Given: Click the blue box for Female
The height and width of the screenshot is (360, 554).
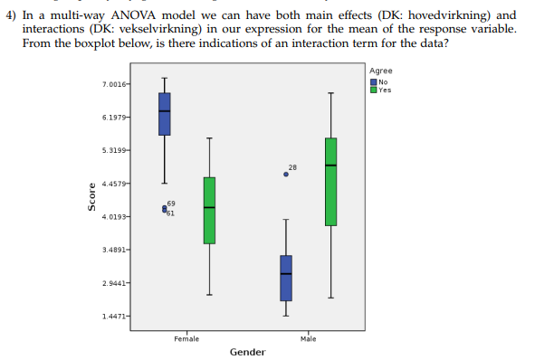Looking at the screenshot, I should pyautogui.click(x=164, y=113).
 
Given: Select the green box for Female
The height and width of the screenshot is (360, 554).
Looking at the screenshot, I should pyautogui.click(x=209, y=210).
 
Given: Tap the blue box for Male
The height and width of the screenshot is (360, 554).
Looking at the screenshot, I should pyautogui.click(x=286, y=278).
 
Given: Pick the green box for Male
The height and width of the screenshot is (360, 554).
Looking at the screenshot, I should pyautogui.click(x=330, y=181).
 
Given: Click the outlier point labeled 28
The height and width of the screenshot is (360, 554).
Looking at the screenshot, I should pyautogui.click(x=286, y=174).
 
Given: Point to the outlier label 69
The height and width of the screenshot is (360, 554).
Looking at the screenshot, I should pyautogui.click(x=171, y=204).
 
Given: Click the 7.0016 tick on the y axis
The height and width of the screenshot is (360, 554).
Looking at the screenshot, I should pyautogui.click(x=116, y=84).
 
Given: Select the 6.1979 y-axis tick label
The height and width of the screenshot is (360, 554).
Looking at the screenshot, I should pyautogui.click(x=116, y=118).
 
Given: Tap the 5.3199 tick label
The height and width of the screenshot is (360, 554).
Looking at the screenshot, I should pyautogui.click(x=116, y=150).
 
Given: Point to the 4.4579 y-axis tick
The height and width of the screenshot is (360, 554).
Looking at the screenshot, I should pyautogui.click(x=116, y=184).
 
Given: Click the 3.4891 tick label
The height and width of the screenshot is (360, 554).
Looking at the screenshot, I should pyautogui.click(x=116, y=249).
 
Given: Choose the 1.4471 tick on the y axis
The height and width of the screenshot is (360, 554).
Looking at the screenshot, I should pyautogui.click(x=116, y=315).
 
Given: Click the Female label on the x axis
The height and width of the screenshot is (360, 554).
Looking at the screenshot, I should pyautogui.click(x=186, y=337).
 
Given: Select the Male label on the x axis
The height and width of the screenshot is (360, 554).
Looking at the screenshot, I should pyautogui.click(x=308, y=337).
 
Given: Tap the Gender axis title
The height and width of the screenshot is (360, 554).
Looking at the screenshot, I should pyautogui.click(x=247, y=351).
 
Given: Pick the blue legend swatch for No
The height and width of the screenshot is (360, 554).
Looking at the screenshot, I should pyautogui.click(x=375, y=81).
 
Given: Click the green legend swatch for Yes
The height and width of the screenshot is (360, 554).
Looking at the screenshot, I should pyautogui.click(x=375, y=89).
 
